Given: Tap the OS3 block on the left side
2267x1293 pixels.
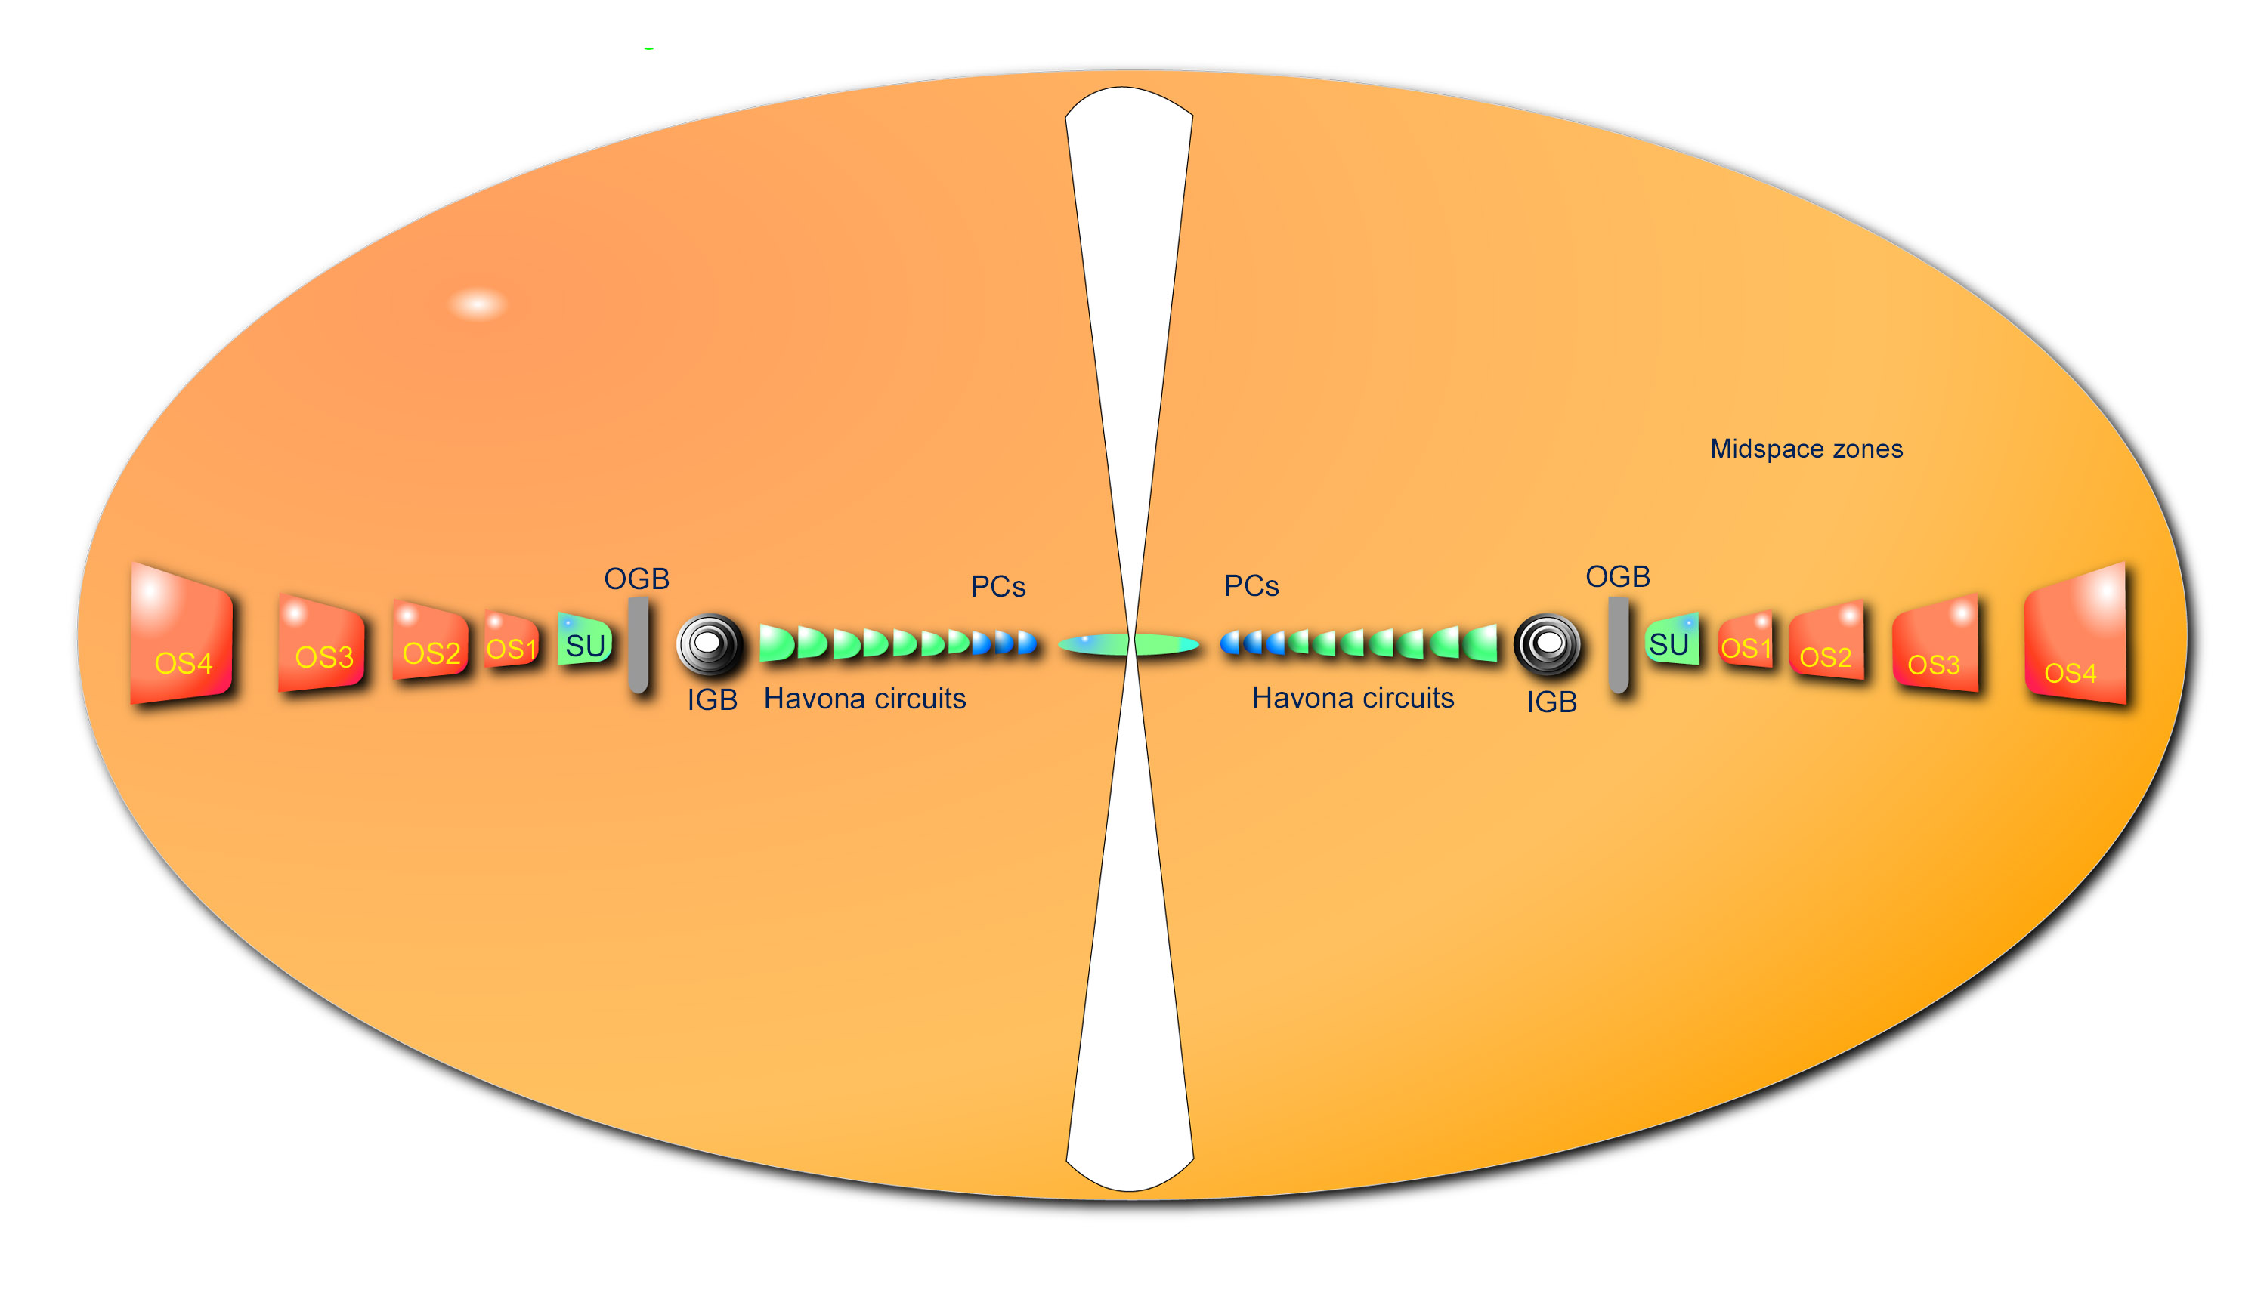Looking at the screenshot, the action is coord(322,643).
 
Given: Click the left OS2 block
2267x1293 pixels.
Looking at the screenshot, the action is coord(431,641).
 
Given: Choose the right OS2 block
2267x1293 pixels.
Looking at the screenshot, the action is coord(1826,641).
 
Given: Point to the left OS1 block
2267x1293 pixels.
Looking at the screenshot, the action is coord(512,641).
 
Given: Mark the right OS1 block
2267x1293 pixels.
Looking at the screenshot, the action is coord(1746,641).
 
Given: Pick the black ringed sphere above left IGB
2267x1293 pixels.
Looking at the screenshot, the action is coord(709,643).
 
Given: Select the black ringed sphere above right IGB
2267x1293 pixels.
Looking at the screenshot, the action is coord(1548,643).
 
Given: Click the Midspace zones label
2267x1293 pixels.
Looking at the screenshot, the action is coord(1806,449).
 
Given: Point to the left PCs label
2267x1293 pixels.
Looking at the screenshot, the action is coord(997,587).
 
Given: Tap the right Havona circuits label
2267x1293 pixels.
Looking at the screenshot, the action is coord(1352,698).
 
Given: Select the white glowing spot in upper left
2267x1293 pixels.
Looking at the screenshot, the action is coord(478,304).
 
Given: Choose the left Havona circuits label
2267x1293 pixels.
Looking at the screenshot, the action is coord(864,699).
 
